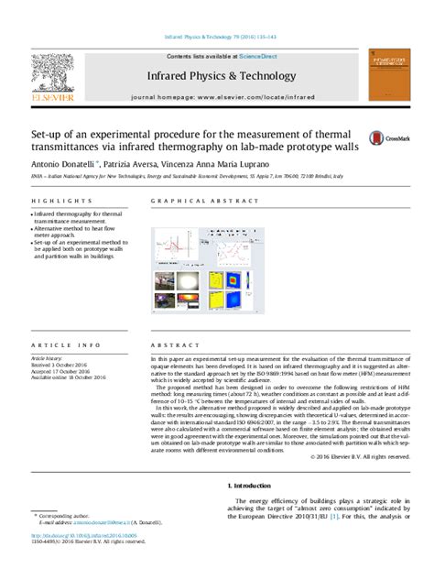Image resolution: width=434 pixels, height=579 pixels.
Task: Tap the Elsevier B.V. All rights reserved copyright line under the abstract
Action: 356,455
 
